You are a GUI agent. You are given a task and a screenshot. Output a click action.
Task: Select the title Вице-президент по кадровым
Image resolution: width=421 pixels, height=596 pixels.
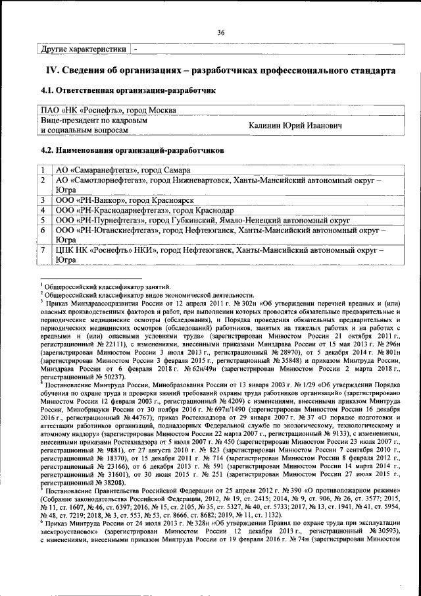pos(93,121)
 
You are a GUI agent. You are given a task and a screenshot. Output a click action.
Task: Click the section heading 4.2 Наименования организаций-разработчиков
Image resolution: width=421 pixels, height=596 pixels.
pos(132,150)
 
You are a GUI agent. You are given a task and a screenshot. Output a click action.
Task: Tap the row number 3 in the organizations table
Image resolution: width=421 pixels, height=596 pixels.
pos(43,200)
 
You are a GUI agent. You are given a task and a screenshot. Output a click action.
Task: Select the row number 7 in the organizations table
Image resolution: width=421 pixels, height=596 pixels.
pos(43,250)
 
